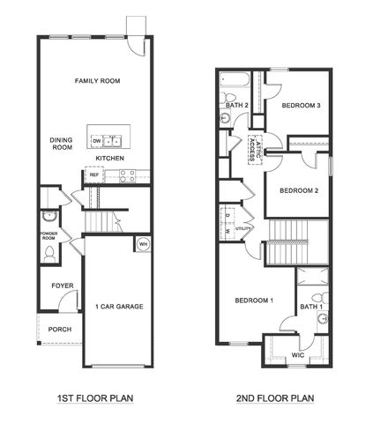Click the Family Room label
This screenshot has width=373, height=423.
97,80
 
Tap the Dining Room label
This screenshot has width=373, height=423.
60,142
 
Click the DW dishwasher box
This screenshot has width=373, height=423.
96,139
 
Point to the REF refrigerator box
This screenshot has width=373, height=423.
93,174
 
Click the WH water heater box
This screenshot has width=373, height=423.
143,244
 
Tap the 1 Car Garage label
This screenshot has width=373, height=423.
119,307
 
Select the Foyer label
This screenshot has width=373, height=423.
62,286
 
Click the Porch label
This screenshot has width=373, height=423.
60,330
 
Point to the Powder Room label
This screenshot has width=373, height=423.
48,235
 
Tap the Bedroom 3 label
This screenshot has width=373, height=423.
300,106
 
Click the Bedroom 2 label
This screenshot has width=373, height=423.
298,189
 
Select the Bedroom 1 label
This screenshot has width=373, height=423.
254,301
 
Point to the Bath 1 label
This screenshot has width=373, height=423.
311,306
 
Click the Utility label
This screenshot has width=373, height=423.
242,228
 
